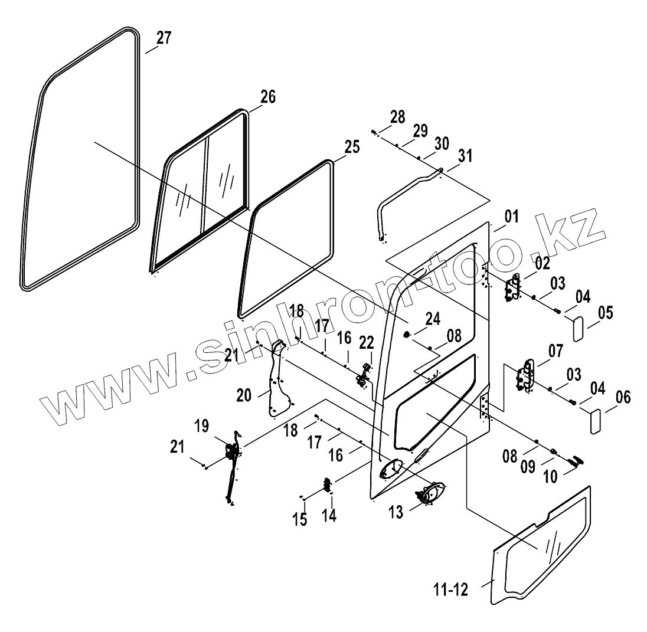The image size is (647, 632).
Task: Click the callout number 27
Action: click(x=164, y=38)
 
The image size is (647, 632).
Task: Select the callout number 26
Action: click(x=267, y=97)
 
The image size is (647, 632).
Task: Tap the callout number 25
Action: click(x=351, y=147)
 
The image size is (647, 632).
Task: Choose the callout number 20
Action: click(x=244, y=395)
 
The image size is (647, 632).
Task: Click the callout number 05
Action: click(x=605, y=312)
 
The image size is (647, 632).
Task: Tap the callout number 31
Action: click(x=465, y=156)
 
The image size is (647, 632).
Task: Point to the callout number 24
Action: click(x=433, y=319)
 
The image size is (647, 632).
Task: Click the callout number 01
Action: click(x=511, y=217)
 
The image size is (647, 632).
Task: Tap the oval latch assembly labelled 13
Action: click(x=432, y=492)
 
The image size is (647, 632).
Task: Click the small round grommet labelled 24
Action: click(x=407, y=335)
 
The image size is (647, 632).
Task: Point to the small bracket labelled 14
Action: click(x=326, y=485)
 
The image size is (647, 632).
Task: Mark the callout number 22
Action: click(x=367, y=342)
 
